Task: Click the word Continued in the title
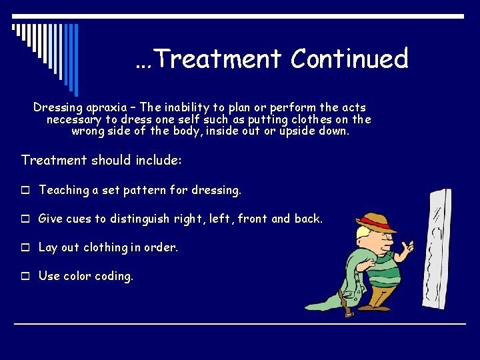coord(349,59)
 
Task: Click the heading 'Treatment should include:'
coord(101,160)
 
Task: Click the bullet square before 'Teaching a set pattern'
coord(25,191)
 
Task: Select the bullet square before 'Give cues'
coord(25,219)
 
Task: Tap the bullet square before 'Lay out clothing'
coord(25,247)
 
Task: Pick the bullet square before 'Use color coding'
coord(25,276)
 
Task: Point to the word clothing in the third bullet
coord(105,247)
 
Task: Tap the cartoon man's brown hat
coord(376,223)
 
